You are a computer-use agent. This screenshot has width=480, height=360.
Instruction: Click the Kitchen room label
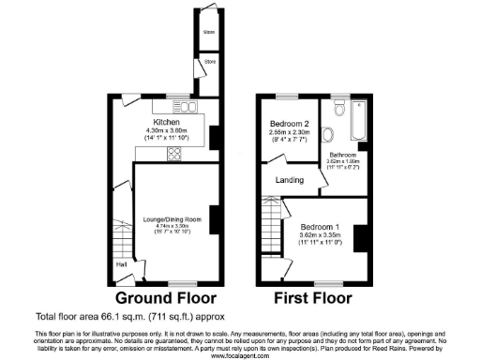point(166,122)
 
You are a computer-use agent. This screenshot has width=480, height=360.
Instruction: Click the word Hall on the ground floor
point(122,264)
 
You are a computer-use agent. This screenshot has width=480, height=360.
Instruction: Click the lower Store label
point(209,63)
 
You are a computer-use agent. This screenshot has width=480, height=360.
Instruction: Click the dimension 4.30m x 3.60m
point(166,130)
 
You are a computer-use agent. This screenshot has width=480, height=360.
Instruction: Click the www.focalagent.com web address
point(239,355)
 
